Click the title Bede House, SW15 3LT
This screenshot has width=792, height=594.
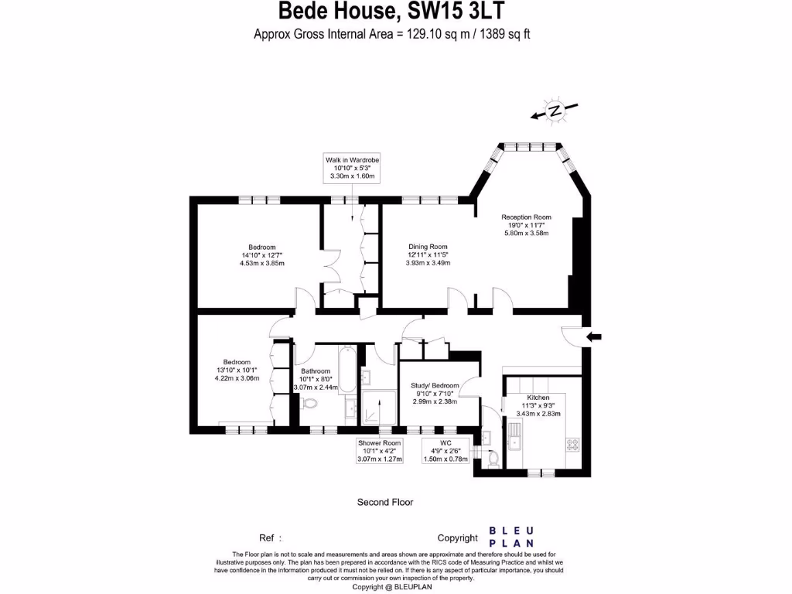[x=394, y=12]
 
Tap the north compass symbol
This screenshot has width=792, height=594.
[x=554, y=111]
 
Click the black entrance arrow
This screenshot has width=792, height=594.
[x=595, y=336]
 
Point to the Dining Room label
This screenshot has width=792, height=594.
[x=428, y=247]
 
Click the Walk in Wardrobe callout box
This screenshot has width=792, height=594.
[x=353, y=167]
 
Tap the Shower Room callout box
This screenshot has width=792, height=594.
[x=379, y=451]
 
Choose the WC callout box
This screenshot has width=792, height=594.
[x=445, y=451]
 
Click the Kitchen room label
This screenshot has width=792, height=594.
[x=538, y=397]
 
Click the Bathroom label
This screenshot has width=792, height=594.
[x=316, y=371]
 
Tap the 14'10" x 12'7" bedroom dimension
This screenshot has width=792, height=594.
[x=261, y=255]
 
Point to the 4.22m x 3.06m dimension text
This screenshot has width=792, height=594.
[x=237, y=378]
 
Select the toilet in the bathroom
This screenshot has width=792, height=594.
[x=310, y=403]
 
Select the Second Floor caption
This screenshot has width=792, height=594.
[x=384, y=502]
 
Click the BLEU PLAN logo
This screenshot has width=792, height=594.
[x=511, y=537]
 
